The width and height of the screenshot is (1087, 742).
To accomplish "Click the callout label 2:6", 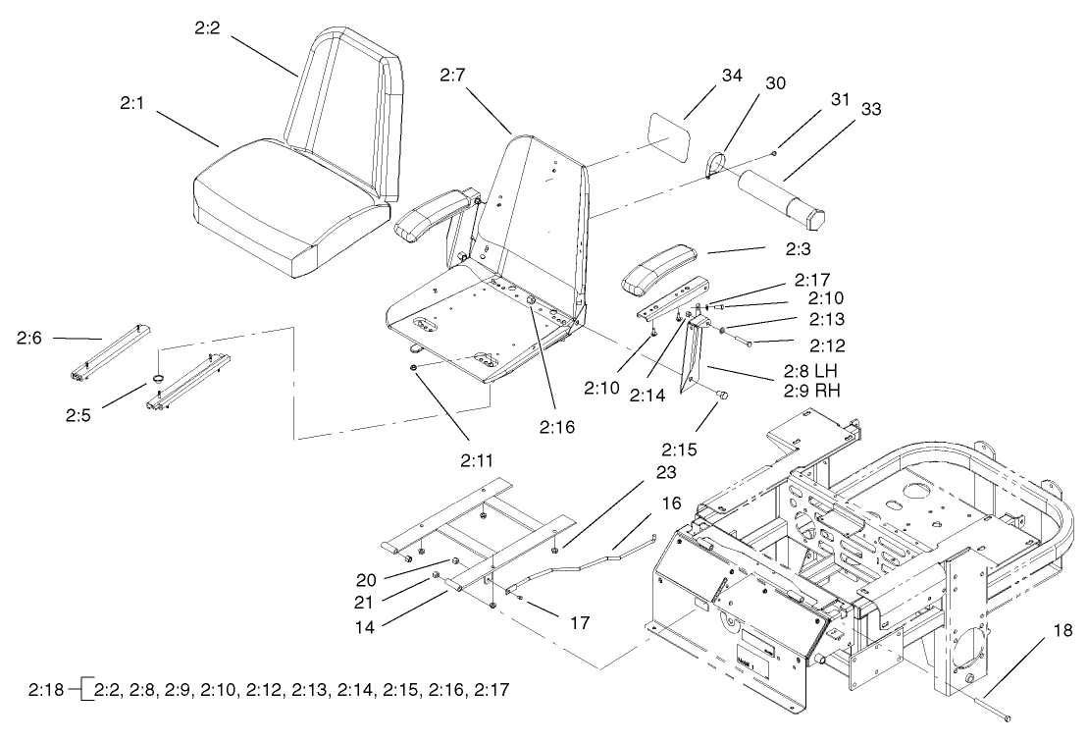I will [x=29, y=338].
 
